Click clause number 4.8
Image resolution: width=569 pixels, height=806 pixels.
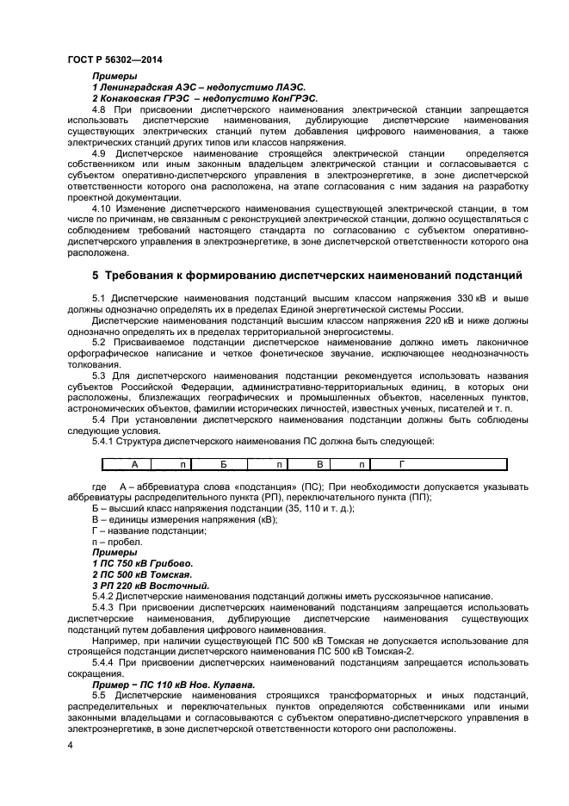tap(98, 111)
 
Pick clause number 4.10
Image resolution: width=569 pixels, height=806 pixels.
tap(101, 208)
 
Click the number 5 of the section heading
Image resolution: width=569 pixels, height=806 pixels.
tap(96, 276)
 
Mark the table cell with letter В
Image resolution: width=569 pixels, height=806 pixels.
tap(319, 465)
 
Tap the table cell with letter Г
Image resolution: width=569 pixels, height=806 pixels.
tap(401, 465)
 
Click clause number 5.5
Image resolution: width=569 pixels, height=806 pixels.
tap(98, 695)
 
